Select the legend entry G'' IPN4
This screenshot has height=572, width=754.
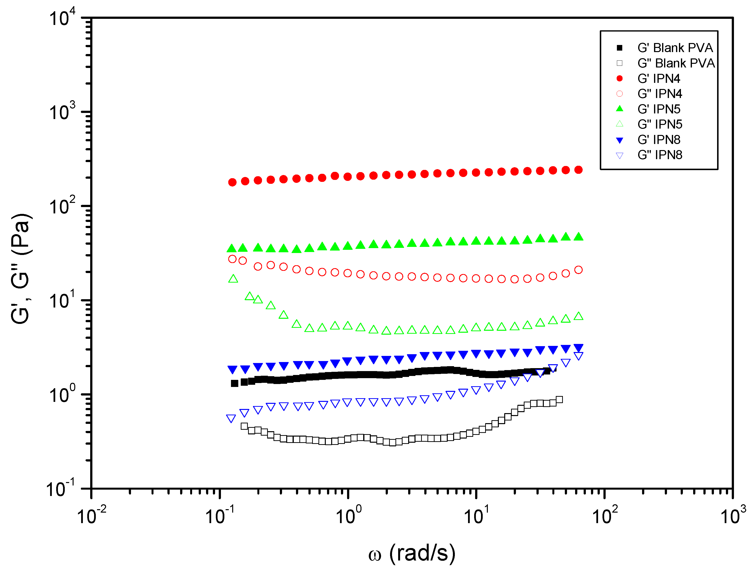(660, 93)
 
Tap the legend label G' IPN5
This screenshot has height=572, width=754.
(658, 109)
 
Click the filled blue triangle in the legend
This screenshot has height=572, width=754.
(620, 140)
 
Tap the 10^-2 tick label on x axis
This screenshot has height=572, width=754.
(91, 516)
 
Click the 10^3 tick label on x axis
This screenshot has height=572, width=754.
(732, 516)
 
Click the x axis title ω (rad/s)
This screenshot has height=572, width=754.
(412, 553)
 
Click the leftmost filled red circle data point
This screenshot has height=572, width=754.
(232, 182)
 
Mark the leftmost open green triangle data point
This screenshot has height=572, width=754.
(233, 279)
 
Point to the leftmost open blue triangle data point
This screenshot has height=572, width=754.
(231, 418)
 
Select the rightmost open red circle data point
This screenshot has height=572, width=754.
(579, 270)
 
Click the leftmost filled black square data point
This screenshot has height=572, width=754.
(235, 384)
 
